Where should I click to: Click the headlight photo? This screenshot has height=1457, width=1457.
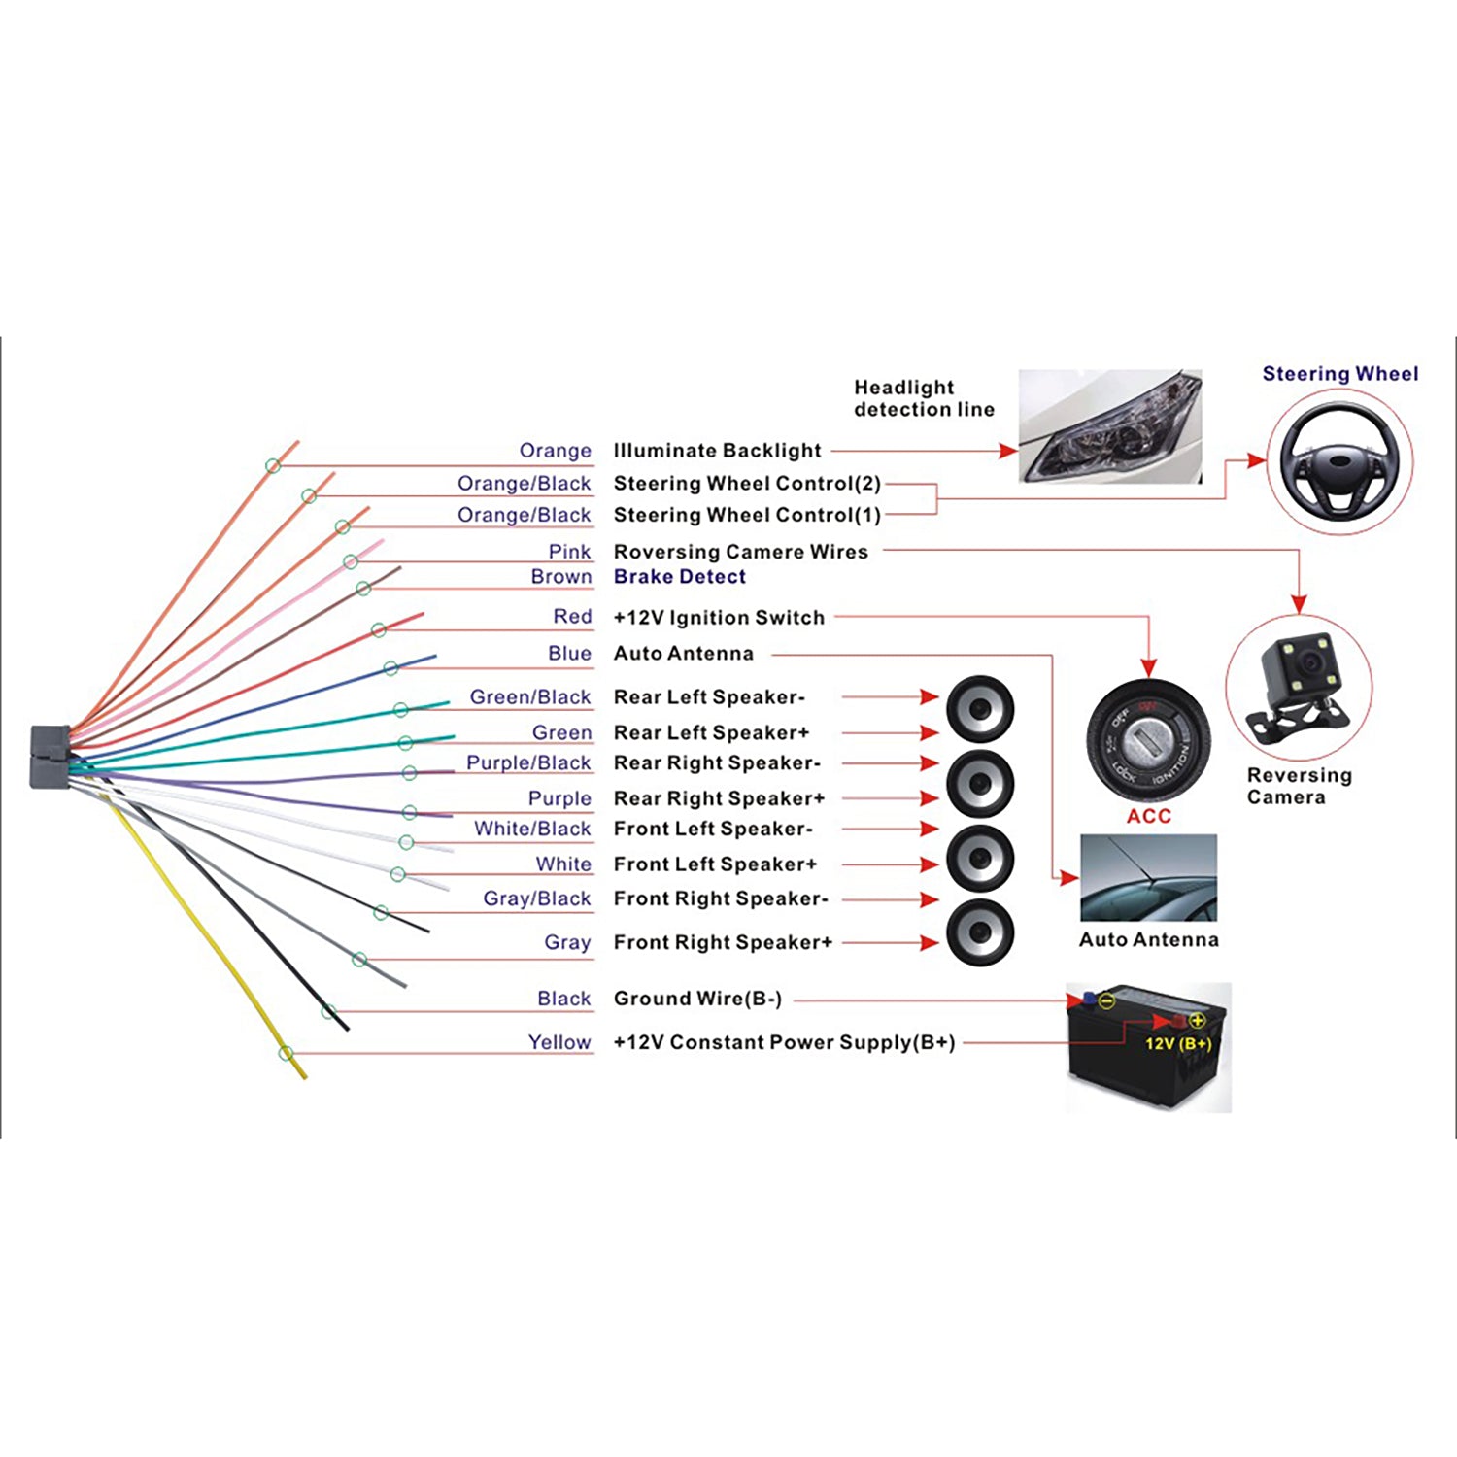pyautogui.click(x=1110, y=425)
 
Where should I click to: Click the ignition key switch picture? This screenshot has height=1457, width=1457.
pyautogui.click(x=1148, y=744)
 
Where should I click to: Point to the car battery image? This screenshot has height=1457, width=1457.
pyautogui.click(x=1148, y=1047)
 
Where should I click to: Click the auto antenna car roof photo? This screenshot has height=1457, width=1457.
pyautogui.click(x=1148, y=877)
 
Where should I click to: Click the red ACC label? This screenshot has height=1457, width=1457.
pyautogui.click(x=1148, y=816)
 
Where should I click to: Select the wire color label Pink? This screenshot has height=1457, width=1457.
pyautogui.click(x=569, y=552)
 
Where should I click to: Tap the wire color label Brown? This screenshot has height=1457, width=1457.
pyautogui.click(x=560, y=576)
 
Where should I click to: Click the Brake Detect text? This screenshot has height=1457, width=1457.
pyautogui.click(x=680, y=576)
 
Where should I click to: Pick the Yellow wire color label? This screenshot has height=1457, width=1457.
pyautogui.click(x=559, y=1042)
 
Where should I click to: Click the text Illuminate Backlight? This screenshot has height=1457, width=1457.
pyautogui.click(x=717, y=451)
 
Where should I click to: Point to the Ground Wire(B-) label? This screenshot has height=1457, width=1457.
pyautogui.click(x=697, y=999)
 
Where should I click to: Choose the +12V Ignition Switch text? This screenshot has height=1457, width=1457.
pyautogui.click(x=719, y=618)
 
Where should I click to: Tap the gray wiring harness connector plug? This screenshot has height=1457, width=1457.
pyautogui.click(x=51, y=757)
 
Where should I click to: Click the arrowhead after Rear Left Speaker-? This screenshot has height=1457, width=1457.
pyautogui.click(x=930, y=697)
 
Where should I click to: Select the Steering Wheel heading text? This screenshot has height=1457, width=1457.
pyautogui.click(x=1339, y=374)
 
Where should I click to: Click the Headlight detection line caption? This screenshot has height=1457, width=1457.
pyautogui.click(x=923, y=398)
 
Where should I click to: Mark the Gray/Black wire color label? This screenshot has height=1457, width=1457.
pyautogui.click(x=536, y=898)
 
